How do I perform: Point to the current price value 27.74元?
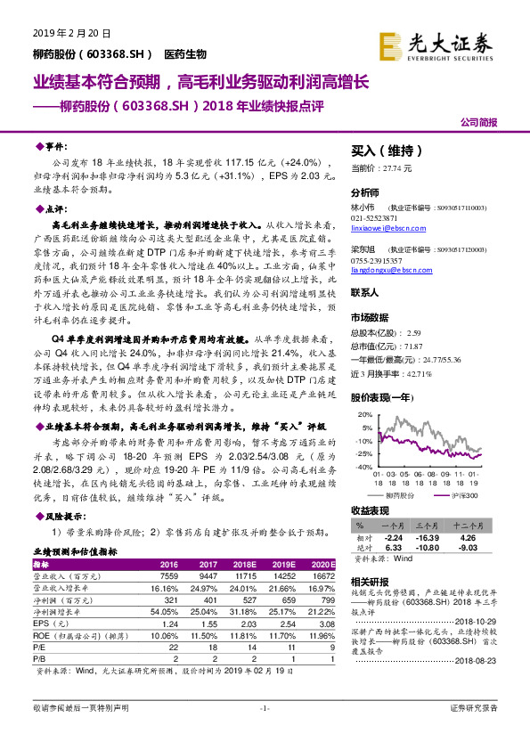[395, 167]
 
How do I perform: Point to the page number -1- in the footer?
[265, 733]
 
